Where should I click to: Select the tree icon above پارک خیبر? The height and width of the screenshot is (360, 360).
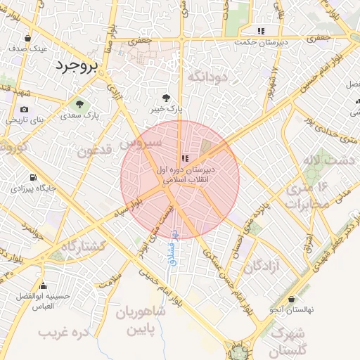pos(166,98)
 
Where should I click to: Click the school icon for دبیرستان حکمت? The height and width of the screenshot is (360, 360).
pos(262,31)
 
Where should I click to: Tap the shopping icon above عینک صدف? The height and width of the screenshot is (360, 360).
pos(27,39)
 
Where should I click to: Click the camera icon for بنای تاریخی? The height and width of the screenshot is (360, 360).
pos(25,110)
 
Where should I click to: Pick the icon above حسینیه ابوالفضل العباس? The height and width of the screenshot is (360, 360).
pos(44,285)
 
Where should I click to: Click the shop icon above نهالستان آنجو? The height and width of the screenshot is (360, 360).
pos(291,299)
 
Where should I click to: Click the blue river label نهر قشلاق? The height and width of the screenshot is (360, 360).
pos(173,252)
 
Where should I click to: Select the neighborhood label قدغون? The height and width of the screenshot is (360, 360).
pos(94,150)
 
